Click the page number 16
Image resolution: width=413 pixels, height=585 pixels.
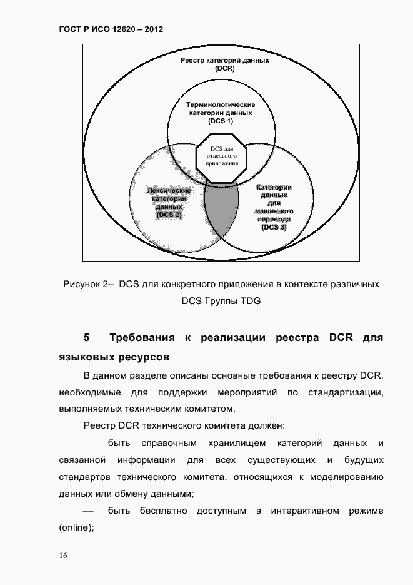[x=64, y=556]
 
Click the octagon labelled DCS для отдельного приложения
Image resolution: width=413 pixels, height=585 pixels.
[x=221, y=156]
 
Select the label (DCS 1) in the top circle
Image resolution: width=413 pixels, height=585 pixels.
[x=221, y=121]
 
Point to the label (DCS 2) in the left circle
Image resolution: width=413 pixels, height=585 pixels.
[x=169, y=215]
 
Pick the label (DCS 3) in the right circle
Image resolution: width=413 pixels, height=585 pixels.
[x=274, y=228]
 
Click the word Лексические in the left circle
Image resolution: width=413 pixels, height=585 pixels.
[x=169, y=190]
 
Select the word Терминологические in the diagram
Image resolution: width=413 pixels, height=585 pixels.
[x=221, y=104]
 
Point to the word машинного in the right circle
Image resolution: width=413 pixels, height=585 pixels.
[x=274, y=211]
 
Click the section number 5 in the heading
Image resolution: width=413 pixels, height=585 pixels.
[x=87, y=338]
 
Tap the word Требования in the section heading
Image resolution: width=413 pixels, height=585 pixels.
[x=141, y=338]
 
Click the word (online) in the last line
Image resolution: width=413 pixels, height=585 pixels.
[x=76, y=527]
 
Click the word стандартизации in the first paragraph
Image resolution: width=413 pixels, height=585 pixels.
[x=346, y=392]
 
